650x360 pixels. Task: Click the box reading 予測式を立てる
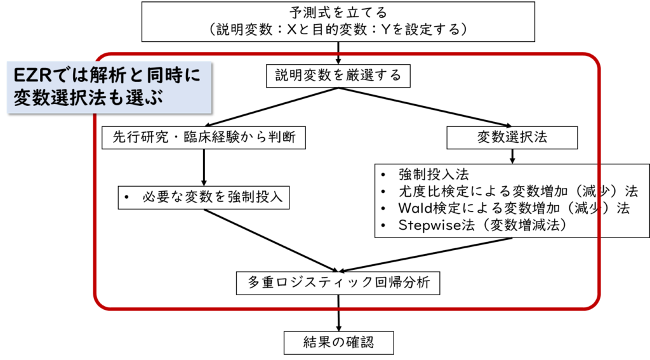[337, 12]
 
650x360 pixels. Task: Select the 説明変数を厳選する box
[338, 76]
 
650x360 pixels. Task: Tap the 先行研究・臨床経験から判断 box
[203, 137]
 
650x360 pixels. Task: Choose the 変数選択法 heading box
[512, 137]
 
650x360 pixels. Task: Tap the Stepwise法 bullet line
[482, 225]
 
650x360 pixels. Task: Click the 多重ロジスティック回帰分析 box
[338, 282]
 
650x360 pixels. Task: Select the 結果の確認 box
[338, 343]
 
